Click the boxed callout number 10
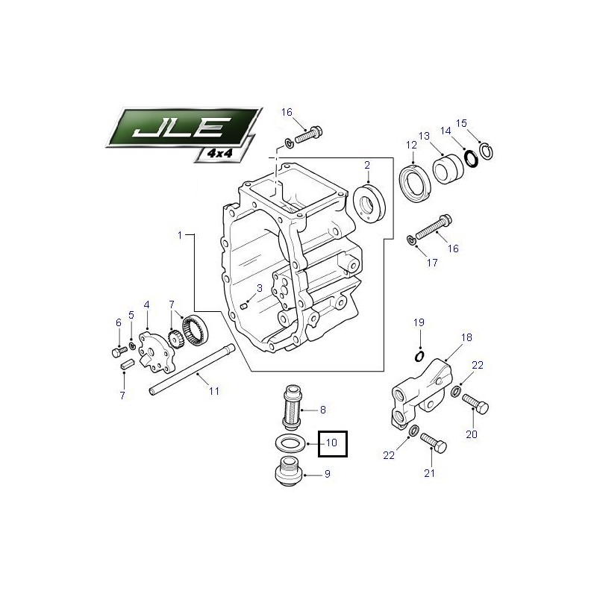331,443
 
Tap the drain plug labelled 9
289,472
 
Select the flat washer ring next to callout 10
290,443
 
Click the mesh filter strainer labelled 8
293,407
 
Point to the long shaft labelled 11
193,369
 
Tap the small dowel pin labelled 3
245,304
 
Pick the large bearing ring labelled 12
415,184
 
